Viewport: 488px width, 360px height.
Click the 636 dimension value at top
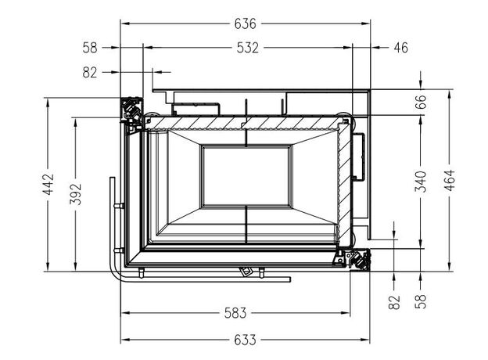(x=246, y=23)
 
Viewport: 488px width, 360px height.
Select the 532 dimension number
(x=247, y=48)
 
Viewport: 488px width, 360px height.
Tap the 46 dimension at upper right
(x=401, y=48)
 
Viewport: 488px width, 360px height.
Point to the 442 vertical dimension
(x=48, y=184)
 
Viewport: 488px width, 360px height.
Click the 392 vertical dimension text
(x=75, y=194)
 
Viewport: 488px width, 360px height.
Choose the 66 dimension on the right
(x=420, y=102)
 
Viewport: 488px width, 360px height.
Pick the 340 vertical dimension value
(x=421, y=182)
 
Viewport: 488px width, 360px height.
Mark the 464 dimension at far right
(x=450, y=180)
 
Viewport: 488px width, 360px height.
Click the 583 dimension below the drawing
(x=235, y=313)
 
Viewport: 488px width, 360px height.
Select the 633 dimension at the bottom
(x=246, y=340)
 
